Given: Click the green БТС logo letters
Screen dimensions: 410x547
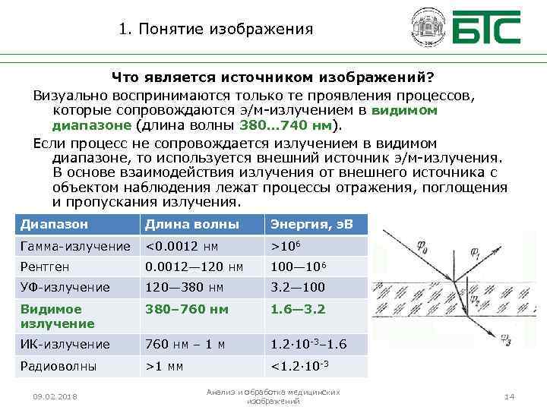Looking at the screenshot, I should coord(487,28).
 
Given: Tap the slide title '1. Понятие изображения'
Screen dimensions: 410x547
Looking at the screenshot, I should coord(217,30).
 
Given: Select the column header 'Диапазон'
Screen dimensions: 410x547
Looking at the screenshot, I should coord(54,225).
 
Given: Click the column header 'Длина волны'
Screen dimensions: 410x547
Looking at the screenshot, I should coord(191,225).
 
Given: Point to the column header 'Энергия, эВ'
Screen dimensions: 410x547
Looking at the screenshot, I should coord(307,225).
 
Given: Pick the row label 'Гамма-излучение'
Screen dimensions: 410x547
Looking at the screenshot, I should coord(75,246).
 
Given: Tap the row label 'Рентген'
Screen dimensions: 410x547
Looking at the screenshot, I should coord(45,266).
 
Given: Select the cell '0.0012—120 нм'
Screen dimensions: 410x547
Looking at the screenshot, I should coord(194,266).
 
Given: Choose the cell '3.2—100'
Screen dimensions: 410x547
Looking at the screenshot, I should coord(298,288).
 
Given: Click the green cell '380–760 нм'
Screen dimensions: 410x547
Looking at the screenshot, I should coord(186,309).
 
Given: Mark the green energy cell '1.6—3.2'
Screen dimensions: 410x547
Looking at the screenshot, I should coord(298,309).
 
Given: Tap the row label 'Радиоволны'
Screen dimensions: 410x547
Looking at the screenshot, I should coord(58,365).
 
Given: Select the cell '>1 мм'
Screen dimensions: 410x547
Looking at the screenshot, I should coord(166,365).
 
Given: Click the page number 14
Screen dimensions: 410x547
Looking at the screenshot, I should coord(510,397).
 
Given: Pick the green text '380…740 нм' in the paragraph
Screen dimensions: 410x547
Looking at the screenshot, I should coord(286,125).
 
